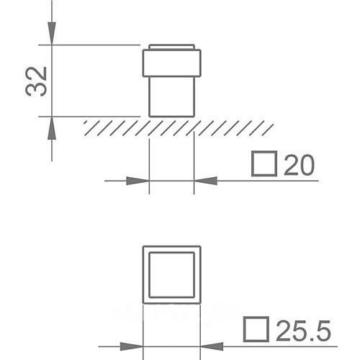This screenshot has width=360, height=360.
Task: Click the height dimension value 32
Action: pyautogui.click(x=36, y=81)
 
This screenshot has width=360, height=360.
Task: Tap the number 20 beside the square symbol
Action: pyautogui.click(x=299, y=165)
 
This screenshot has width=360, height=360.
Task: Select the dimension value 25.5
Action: pyautogui.click(x=303, y=330)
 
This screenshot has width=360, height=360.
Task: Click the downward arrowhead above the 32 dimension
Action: pyautogui.click(x=52, y=33)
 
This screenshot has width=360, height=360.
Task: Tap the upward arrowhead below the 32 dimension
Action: pyautogui.click(x=52, y=128)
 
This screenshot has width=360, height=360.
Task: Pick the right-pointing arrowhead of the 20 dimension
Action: pyautogui.click(x=138, y=181)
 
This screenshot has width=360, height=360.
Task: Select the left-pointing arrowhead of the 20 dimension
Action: pyautogui.click(x=206, y=181)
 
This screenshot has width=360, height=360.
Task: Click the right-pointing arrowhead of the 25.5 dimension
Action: pyautogui.click(x=132, y=346)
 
